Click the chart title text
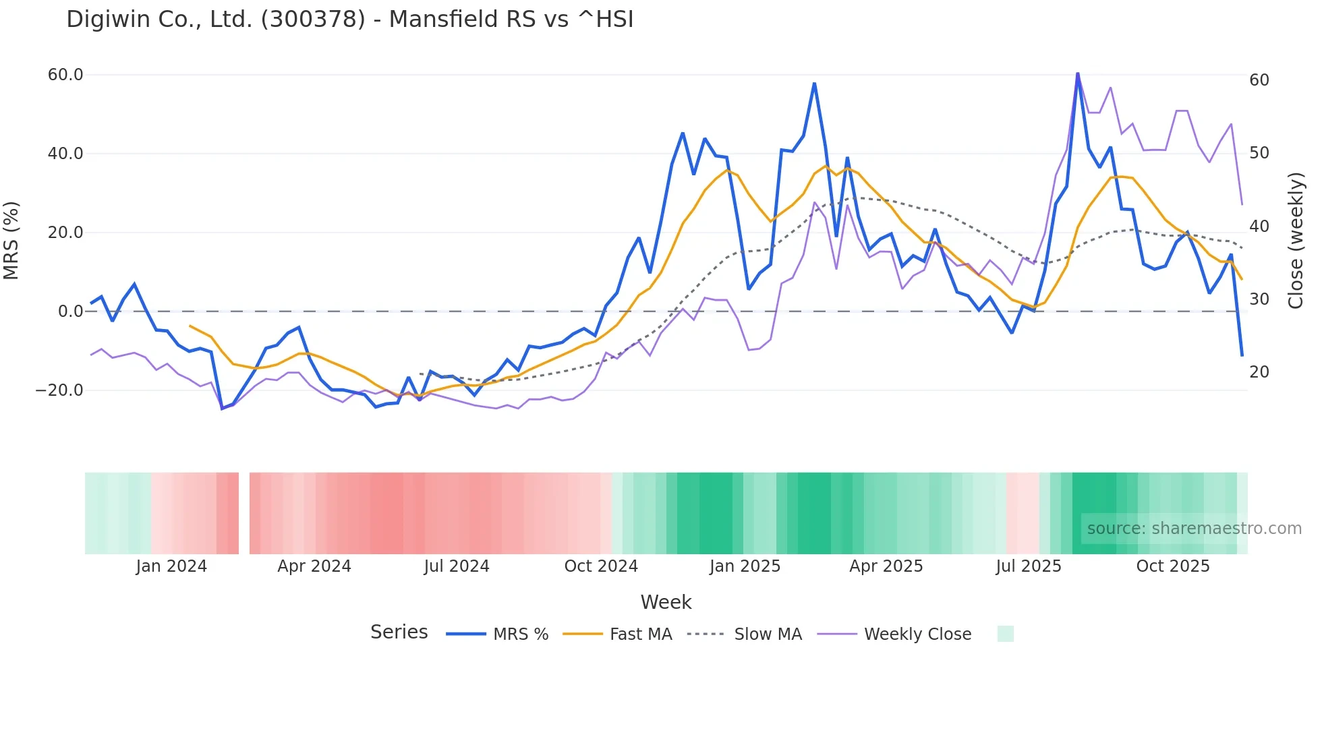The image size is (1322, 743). click(x=349, y=20)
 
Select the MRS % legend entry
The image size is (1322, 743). click(x=497, y=634)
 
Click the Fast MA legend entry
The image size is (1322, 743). click(x=617, y=634)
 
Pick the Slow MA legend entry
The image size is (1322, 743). click(x=745, y=634)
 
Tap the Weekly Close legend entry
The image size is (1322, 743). click(x=894, y=634)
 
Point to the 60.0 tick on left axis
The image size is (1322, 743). click(x=65, y=75)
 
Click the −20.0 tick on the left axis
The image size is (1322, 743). click(x=59, y=390)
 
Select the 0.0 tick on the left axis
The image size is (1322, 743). click(x=70, y=311)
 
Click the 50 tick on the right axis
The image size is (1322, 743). click(x=1259, y=153)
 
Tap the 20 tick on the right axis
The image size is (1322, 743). click(x=1259, y=372)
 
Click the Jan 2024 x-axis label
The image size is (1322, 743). click(x=171, y=566)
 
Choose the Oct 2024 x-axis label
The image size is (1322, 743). click(x=601, y=566)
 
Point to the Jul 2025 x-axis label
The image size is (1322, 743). click(x=1029, y=566)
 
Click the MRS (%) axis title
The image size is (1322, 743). click(x=11, y=240)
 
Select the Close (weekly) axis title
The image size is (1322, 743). click(x=1296, y=240)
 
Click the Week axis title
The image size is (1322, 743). click(x=666, y=602)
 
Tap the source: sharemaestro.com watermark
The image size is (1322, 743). click(x=1194, y=529)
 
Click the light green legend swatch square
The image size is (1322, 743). click(x=1005, y=634)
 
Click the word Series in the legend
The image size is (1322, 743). click(x=399, y=632)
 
